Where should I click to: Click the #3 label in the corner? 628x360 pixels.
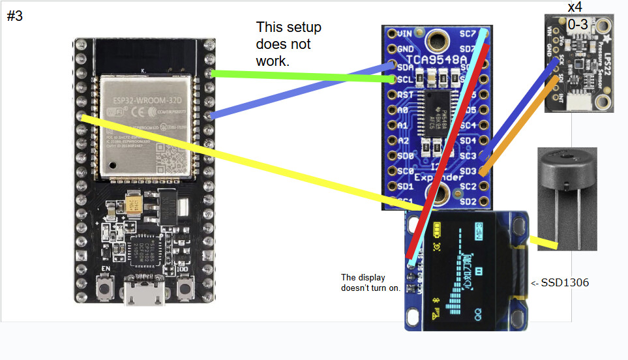(x=14, y=16)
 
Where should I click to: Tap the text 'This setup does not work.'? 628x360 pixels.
(x=289, y=44)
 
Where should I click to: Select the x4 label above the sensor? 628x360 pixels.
(x=575, y=8)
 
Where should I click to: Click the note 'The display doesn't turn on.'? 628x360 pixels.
(x=370, y=282)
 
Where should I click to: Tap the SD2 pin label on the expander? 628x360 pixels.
(x=468, y=201)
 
